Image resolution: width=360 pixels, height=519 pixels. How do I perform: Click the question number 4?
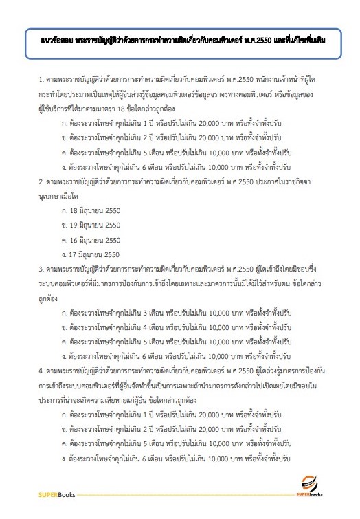[x=42, y=369]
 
